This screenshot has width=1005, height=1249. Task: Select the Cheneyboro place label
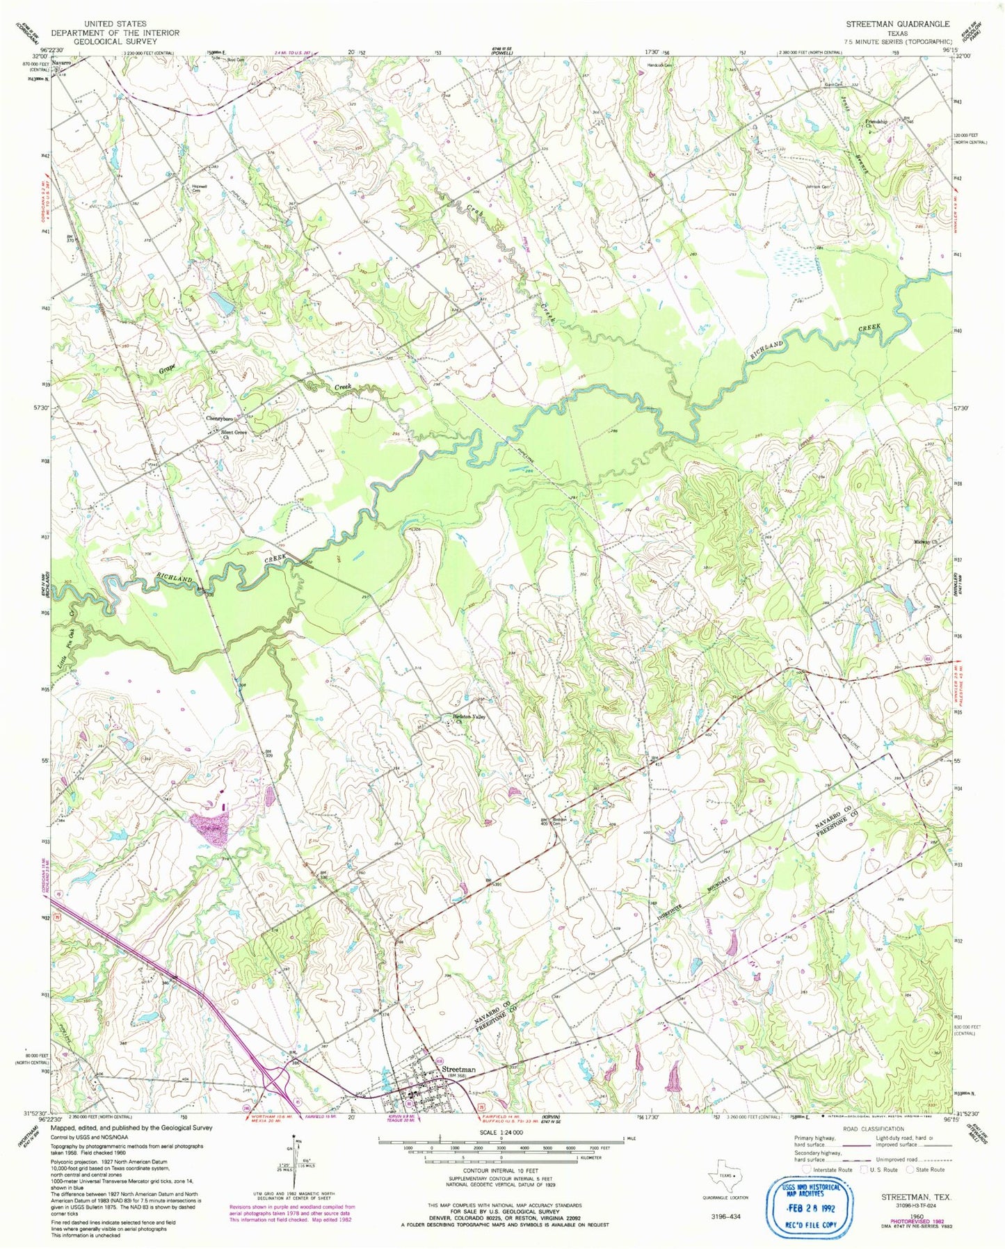pyautogui.click(x=220, y=419)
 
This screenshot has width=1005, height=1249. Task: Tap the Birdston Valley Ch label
pyautogui.click(x=467, y=718)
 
